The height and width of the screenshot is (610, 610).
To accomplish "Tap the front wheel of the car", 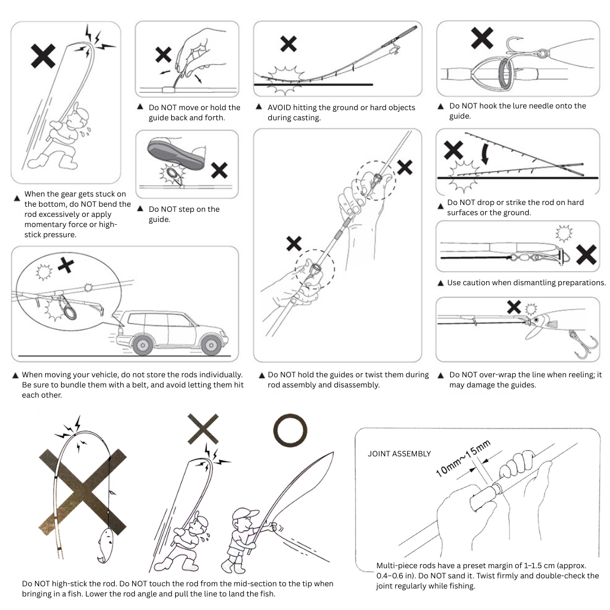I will coord(211,343).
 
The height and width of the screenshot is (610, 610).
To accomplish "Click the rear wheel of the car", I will coord(142,343).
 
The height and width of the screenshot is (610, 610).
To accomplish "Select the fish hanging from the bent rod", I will coord(107,544).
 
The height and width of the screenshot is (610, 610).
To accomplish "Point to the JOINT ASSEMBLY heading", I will coord(399,454).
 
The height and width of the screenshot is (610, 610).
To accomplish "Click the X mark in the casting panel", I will coord(289,43).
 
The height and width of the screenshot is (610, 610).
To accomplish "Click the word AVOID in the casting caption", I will coord(281,108).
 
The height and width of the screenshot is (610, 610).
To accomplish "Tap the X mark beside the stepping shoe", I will coord(219,170).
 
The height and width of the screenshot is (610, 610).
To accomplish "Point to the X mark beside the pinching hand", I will coord(163,55).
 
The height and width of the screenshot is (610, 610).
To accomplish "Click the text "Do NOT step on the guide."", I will coord(184,213).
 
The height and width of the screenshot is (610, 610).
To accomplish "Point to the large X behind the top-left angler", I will coord(43,57).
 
